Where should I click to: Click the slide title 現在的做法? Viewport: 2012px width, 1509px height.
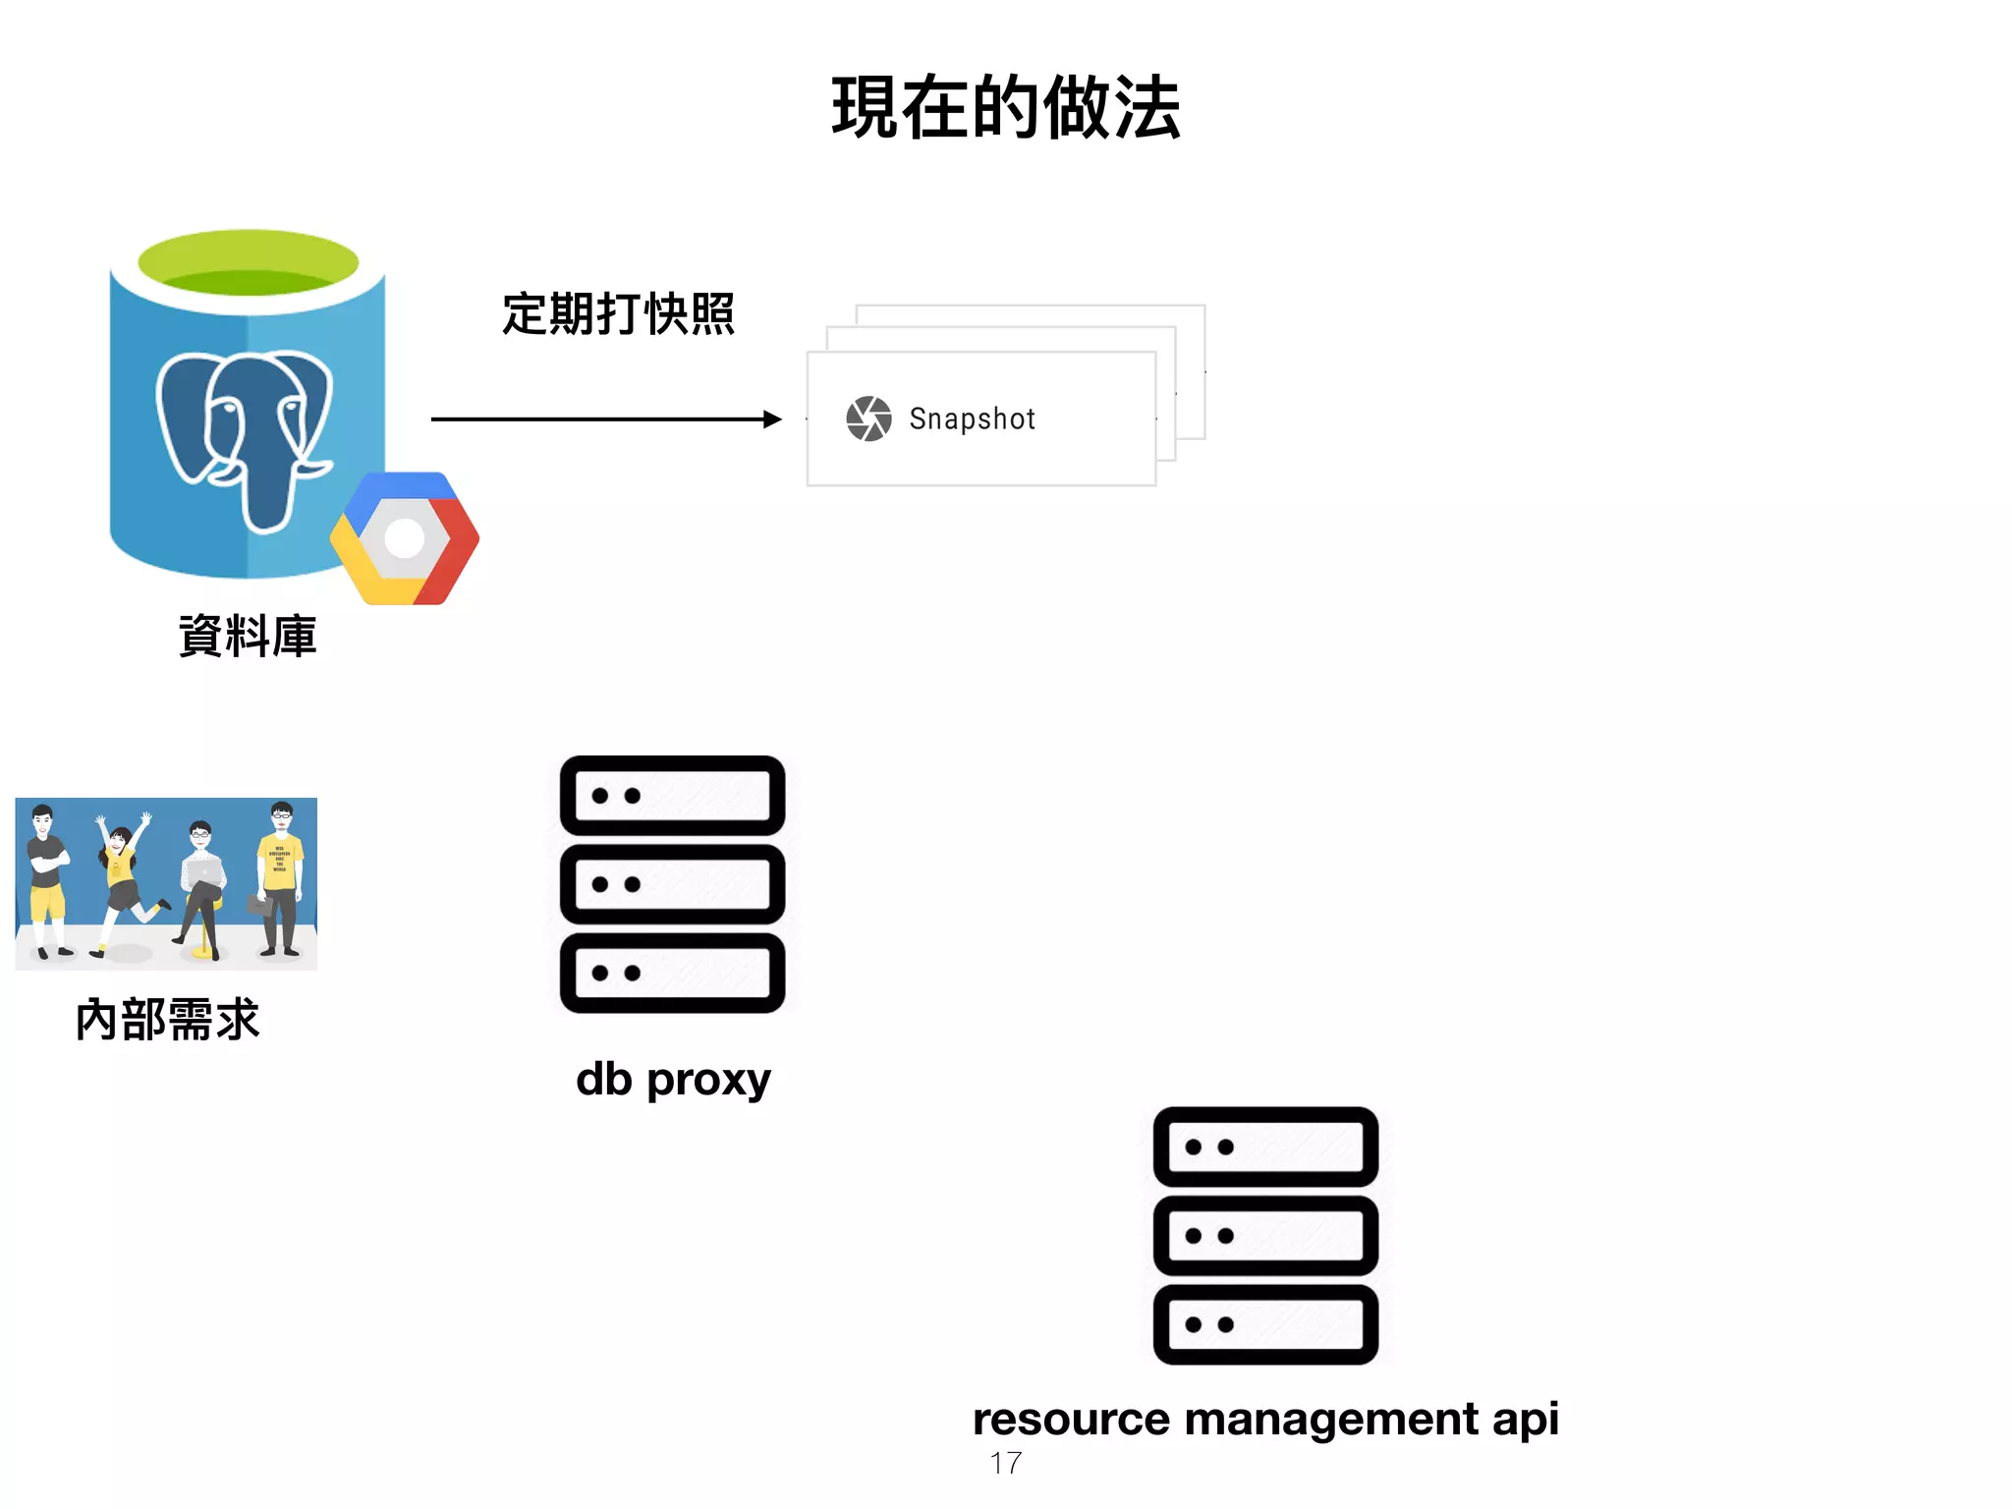(1005, 108)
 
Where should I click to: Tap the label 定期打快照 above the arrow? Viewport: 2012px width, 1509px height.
(618, 314)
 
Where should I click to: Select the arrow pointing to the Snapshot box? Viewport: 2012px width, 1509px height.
(605, 419)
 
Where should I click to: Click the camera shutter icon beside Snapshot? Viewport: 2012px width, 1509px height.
(868, 419)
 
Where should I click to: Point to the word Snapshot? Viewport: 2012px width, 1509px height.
(972, 419)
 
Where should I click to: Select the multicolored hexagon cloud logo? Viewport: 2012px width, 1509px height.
(405, 538)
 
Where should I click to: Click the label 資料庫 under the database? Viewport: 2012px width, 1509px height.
(248, 636)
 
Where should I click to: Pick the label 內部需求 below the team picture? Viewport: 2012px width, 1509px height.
(167, 1019)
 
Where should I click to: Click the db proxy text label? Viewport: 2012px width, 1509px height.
(673, 1080)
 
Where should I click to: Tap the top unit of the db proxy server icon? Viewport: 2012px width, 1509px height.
(672, 796)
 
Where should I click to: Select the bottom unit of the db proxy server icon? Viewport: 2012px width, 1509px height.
(672, 973)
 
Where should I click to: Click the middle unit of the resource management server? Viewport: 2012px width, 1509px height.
(1265, 1235)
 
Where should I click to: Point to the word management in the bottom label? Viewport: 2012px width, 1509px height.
(1331, 1420)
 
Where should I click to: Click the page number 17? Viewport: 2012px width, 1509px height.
(1005, 1463)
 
